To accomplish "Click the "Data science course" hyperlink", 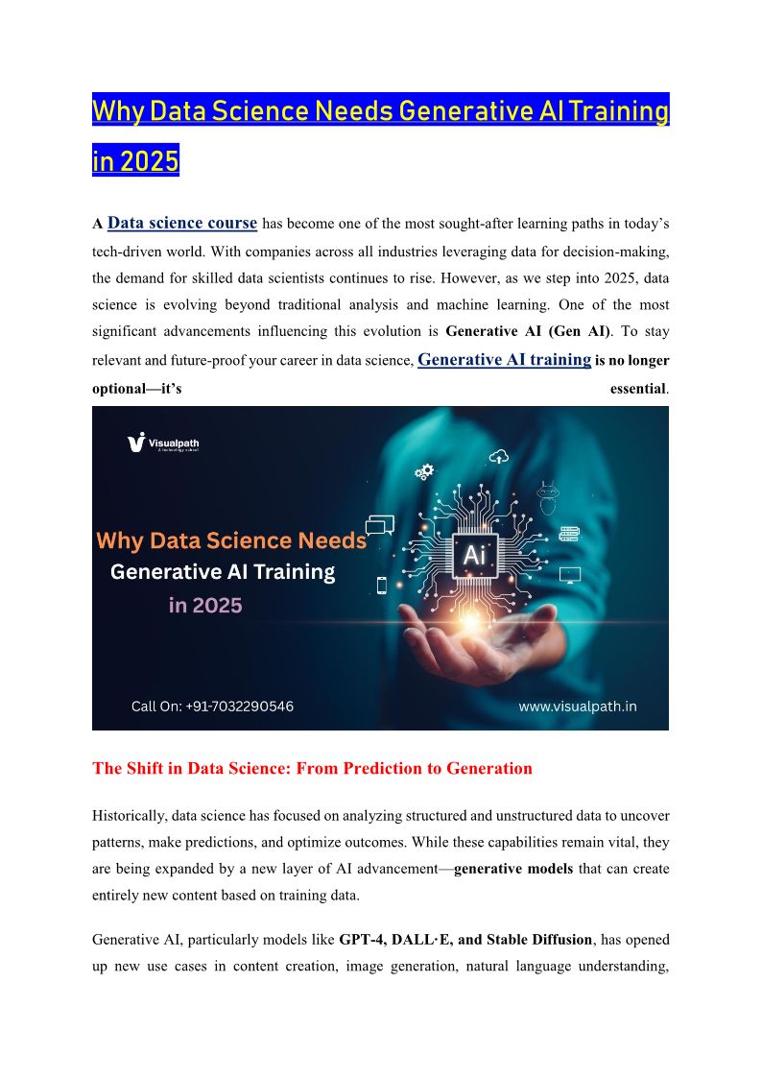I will click(182, 223).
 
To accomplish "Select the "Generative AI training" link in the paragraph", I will click(505, 359).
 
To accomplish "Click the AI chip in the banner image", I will click(474, 556).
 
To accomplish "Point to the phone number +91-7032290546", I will click(212, 707).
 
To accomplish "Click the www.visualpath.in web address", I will click(578, 707).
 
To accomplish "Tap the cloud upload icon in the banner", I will click(497, 456).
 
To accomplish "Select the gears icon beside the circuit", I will click(424, 471).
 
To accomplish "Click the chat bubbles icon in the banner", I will click(381, 525).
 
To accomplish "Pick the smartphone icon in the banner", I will click(381, 585).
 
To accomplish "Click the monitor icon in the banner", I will click(570, 576).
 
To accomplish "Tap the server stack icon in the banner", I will click(569, 534).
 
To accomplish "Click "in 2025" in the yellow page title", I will click(135, 160).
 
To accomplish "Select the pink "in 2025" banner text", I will click(204, 605).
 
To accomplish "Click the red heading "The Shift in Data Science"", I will click(312, 768).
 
